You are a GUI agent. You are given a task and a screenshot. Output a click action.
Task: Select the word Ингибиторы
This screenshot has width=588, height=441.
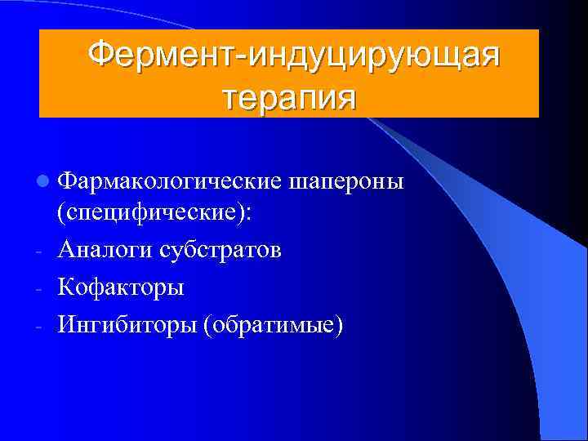(127, 324)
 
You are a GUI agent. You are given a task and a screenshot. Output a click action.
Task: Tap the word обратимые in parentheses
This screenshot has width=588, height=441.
(274, 325)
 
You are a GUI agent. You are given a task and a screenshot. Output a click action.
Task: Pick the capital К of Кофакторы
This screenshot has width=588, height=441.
(66, 287)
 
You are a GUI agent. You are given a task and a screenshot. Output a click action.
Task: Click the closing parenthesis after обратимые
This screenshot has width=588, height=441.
(339, 325)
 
